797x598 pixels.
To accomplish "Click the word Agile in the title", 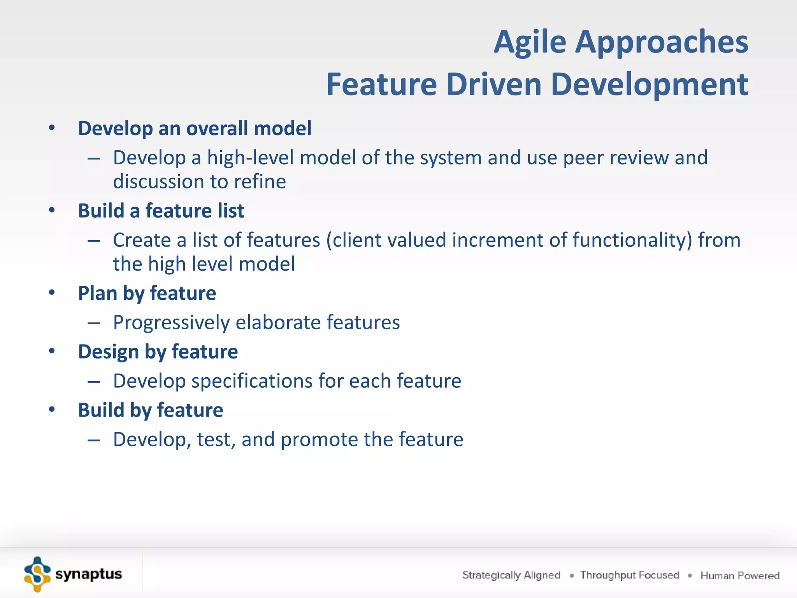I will [530, 42].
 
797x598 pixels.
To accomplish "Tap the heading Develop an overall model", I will [195, 128].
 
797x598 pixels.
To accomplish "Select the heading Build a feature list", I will [161, 211].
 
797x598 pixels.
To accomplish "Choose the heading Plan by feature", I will [147, 293].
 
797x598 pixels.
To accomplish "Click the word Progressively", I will [171, 323].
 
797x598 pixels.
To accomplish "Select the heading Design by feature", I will [158, 352].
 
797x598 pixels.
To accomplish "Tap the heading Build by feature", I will [151, 410].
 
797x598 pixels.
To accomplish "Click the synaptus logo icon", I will [37, 574].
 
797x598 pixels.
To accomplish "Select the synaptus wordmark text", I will [89, 574].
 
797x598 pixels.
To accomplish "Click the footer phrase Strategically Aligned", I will [511, 575].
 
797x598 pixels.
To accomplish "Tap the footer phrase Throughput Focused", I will [629, 575].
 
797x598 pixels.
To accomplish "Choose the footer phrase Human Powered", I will [740, 575].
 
